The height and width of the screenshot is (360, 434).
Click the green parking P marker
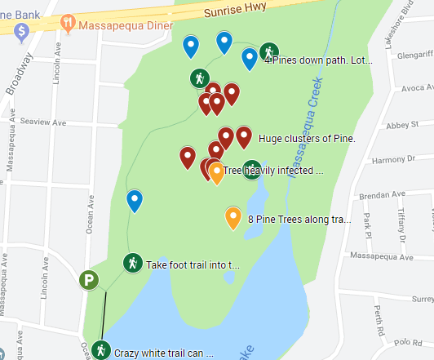click(x=89, y=281)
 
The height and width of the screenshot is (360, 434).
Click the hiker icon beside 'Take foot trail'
click(x=131, y=264)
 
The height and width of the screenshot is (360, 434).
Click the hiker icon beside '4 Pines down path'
click(x=268, y=54)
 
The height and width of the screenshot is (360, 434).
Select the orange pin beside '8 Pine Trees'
click(x=232, y=217)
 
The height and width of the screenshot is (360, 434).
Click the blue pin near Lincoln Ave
click(x=135, y=199)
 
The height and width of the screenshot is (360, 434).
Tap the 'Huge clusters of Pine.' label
click(x=307, y=139)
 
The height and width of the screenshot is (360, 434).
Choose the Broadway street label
click(x=15, y=79)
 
